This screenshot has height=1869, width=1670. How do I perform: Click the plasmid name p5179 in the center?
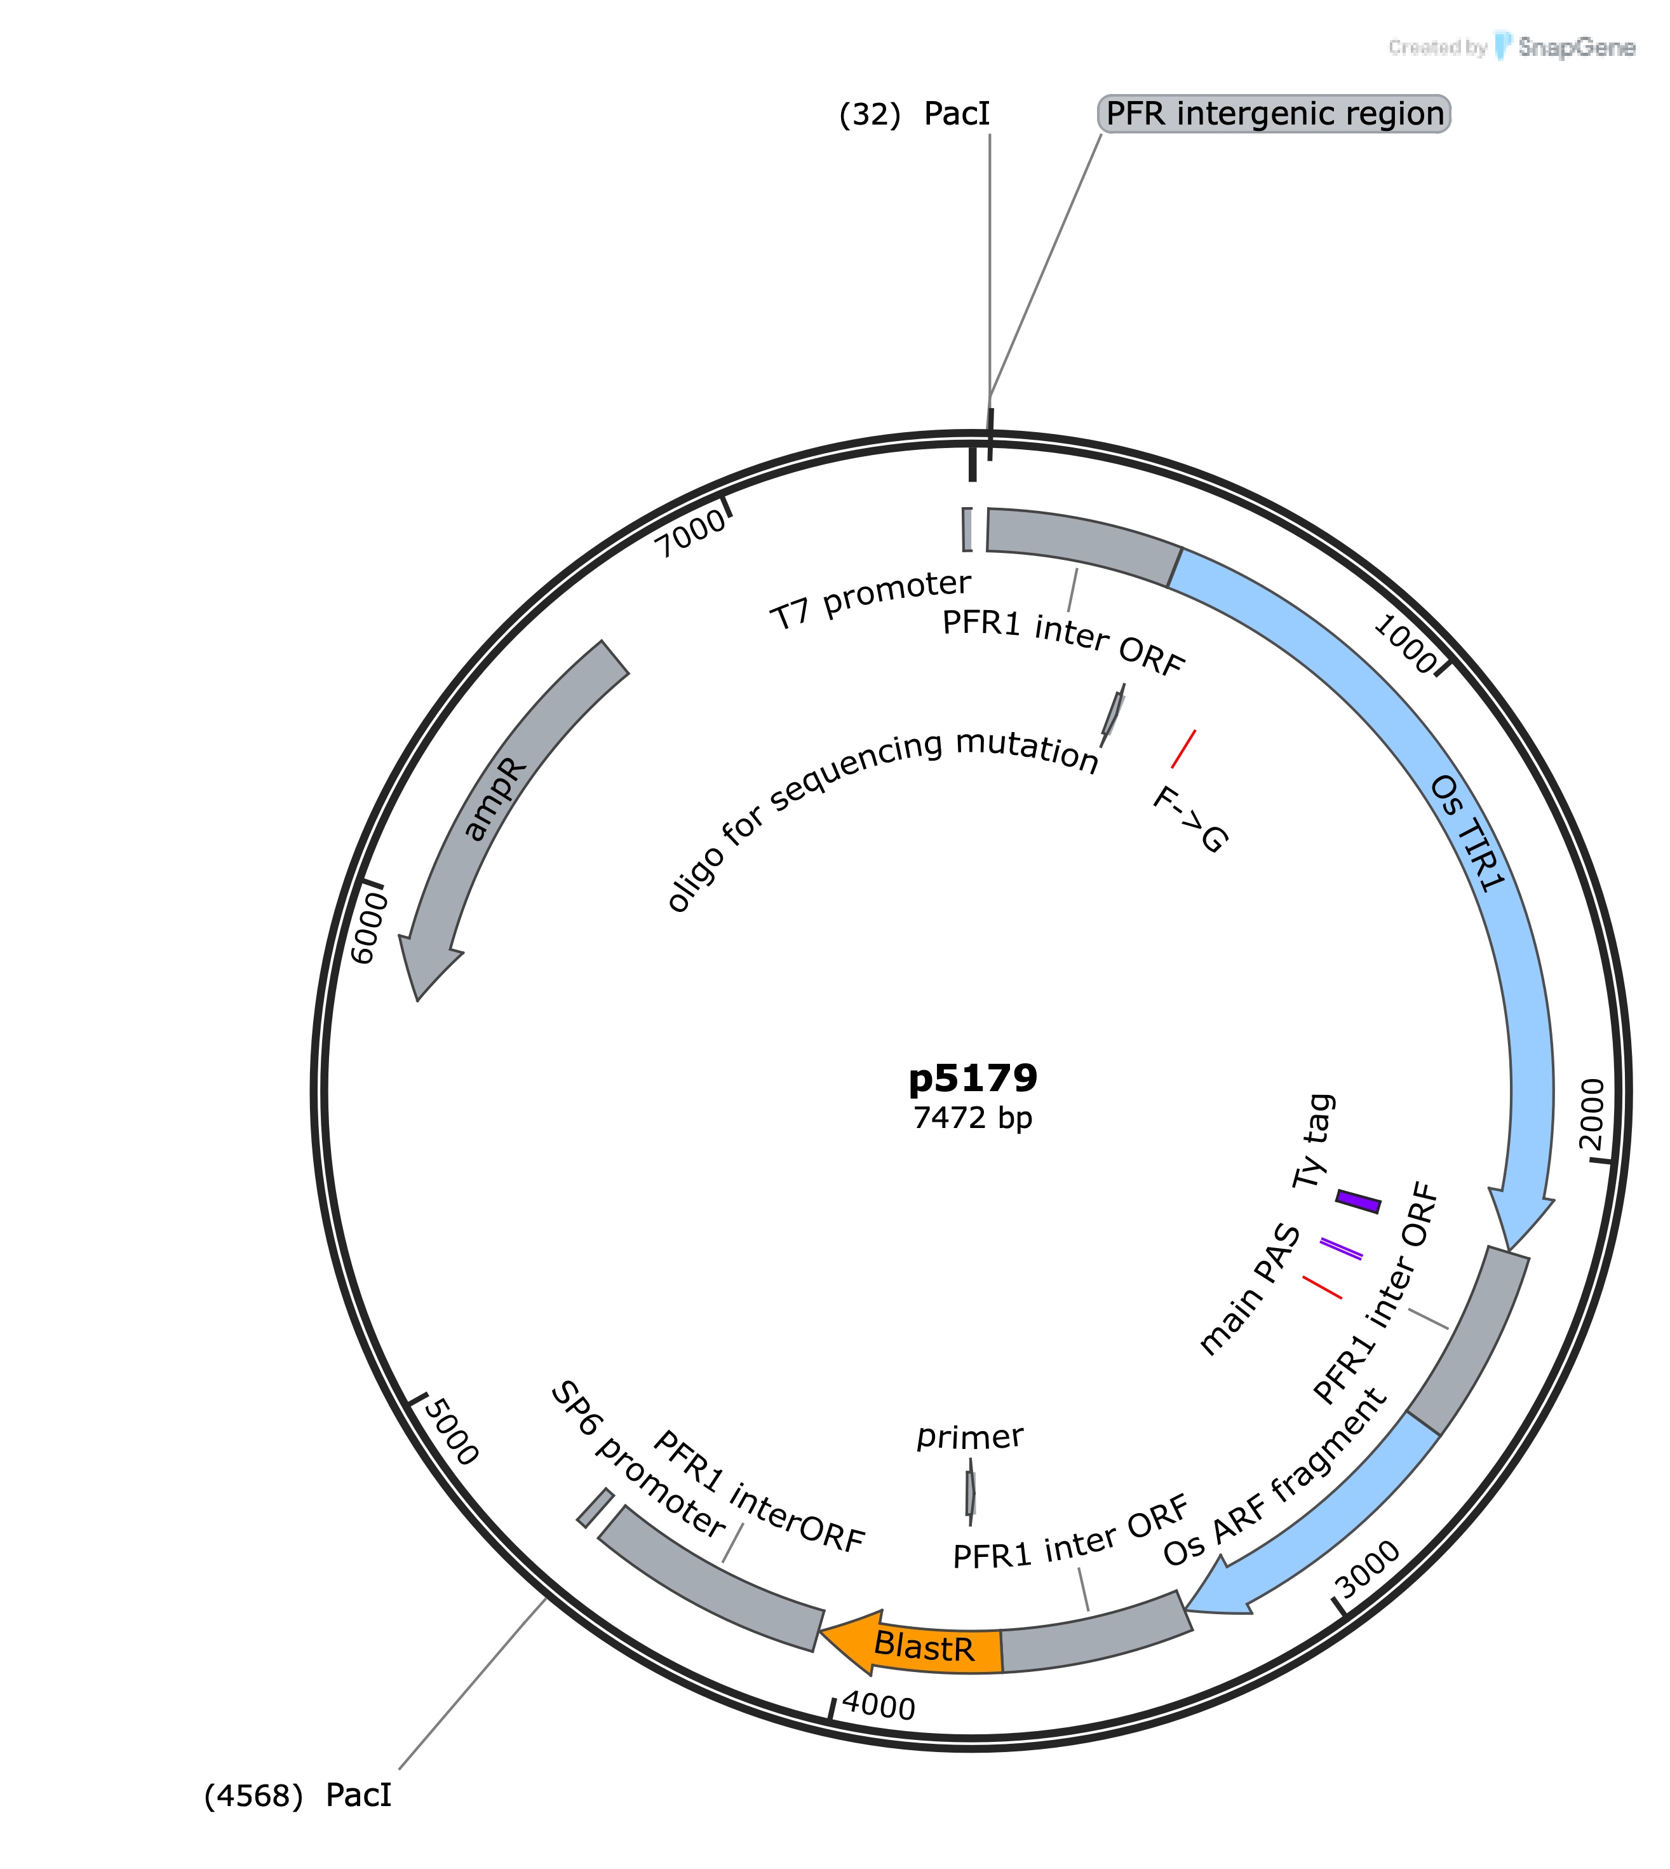point(973,1078)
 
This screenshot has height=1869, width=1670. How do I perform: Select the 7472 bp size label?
point(973,1117)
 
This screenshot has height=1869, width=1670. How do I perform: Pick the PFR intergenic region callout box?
point(1274,114)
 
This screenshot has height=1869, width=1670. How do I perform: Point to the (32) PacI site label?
point(915,114)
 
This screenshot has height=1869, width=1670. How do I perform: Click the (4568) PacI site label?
point(298,1795)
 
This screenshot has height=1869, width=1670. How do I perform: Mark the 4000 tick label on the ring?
point(878,1706)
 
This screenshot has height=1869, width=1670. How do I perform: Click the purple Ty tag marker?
point(1358,1202)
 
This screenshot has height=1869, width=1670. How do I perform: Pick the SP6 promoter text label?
point(638,1460)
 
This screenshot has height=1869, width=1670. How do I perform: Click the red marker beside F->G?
point(1183,749)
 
